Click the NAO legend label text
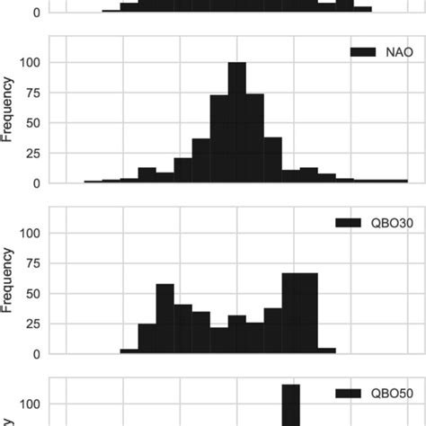[x=395, y=53]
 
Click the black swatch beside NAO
[x=361, y=53]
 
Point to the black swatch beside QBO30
[x=347, y=223]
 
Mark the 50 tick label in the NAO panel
[x=33, y=123]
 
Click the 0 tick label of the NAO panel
[x=37, y=183]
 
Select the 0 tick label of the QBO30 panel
[x=37, y=354]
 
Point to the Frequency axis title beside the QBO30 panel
[x=8, y=281]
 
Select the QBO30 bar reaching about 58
[x=164, y=319]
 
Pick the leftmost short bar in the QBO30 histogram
[x=129, y=351]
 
